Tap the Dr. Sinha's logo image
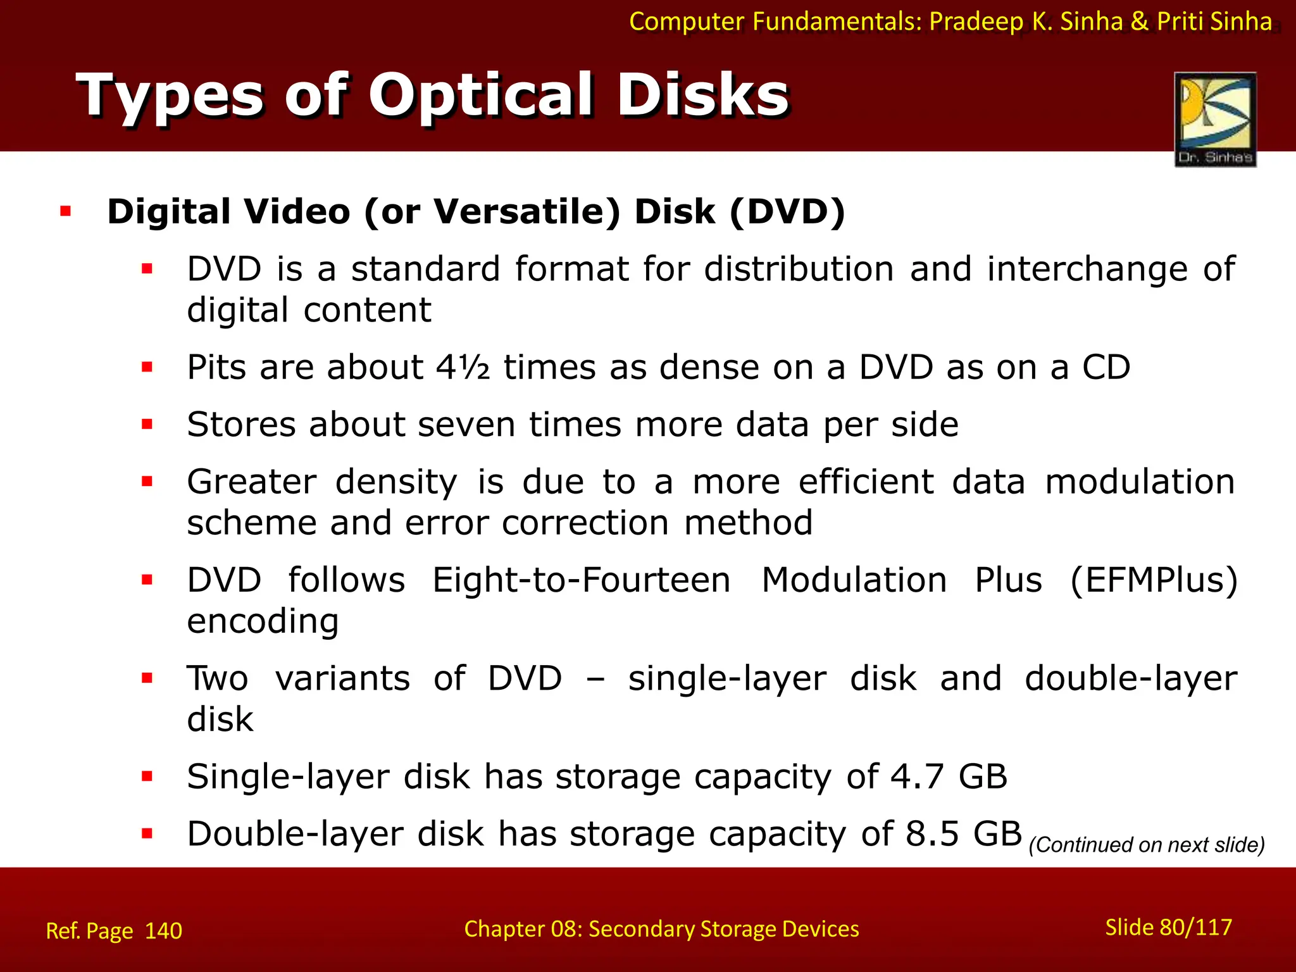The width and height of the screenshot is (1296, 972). coord(1215,119)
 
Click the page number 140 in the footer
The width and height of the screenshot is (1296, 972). coord(163,931)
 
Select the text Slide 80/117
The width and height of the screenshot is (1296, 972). coord(1168,927)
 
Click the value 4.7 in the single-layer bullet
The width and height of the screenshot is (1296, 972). coord(917,776)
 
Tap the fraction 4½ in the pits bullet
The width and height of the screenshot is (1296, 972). coord(463,367)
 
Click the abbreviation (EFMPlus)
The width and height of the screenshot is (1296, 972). coord(1153,580)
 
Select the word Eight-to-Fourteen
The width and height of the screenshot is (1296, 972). coord(581,580)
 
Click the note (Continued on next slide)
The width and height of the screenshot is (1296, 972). coord(1146,845)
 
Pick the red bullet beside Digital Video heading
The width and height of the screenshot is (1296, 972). coord(66,211)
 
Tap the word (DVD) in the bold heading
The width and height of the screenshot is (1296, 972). coord(787,211)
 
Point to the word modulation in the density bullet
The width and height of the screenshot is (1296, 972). coord(1139,482)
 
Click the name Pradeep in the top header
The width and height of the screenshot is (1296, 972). coord(976,22)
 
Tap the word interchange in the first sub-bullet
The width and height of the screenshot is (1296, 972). coord(1087,269)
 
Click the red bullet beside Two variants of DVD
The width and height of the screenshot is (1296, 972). coord(147,678)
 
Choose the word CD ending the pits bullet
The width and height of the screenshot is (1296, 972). coord(1106,367)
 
